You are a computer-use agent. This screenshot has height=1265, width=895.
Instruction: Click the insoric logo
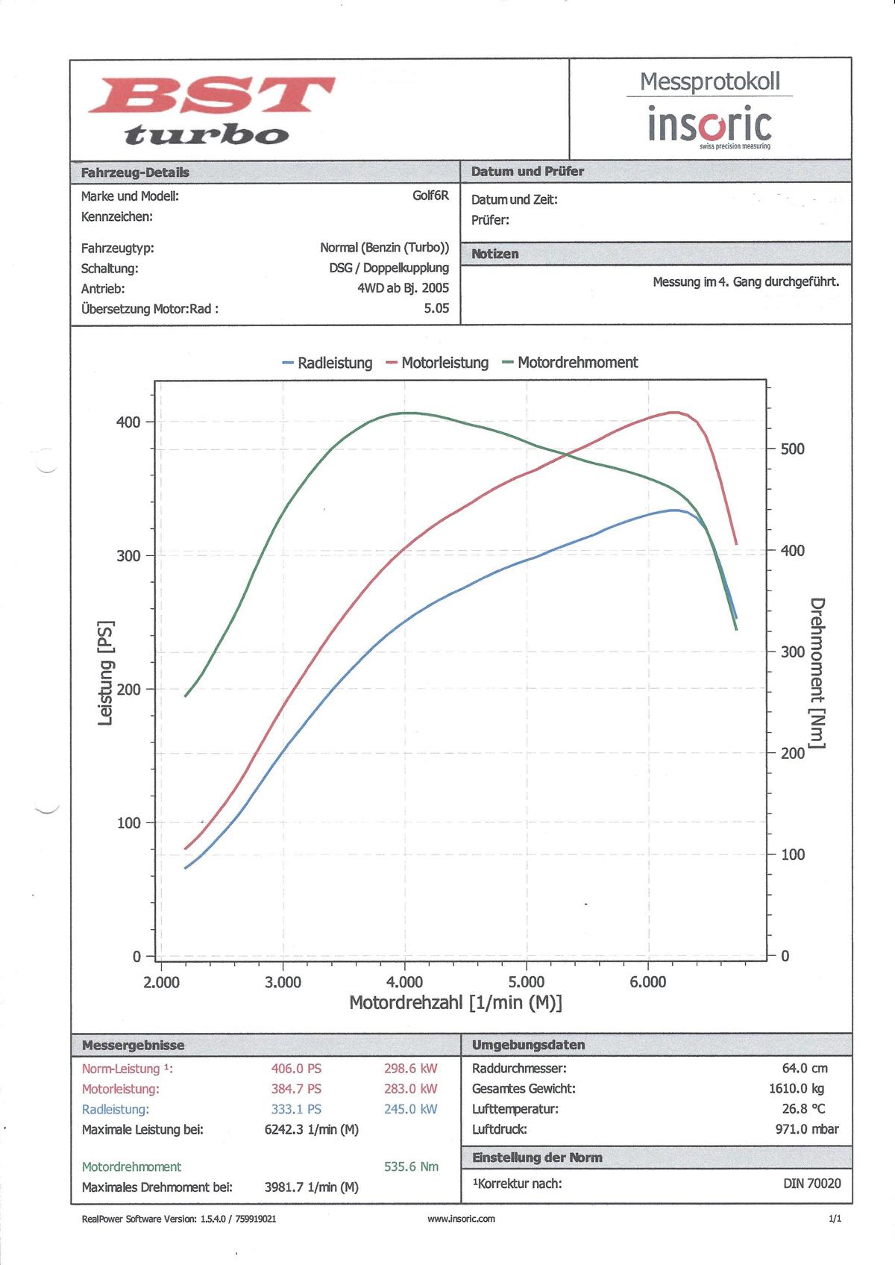pos(709,125)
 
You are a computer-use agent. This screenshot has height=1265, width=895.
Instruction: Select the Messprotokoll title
pos(709,81)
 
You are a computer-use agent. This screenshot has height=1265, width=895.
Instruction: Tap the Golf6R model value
pos(430,196)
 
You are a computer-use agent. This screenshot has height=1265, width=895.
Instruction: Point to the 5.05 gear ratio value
pos(436,308)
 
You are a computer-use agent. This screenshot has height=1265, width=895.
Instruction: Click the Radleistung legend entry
pos(327,363)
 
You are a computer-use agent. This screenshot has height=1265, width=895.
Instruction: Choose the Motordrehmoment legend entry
pos(571,363)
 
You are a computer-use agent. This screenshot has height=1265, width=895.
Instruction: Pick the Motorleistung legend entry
pos(438,363)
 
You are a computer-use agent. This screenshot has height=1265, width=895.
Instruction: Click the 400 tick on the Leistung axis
pos(128,422)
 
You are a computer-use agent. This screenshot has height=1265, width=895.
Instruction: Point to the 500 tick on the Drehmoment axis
pos(793,449)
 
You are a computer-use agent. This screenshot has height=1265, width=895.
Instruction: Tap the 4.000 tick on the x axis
pos(405,982)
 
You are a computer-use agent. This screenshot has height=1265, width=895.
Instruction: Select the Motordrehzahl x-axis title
pos(456,1002)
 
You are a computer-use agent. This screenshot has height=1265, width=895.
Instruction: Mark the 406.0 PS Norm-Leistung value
pos(296,1069)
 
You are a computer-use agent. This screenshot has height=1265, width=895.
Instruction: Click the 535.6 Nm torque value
pos(411,1166)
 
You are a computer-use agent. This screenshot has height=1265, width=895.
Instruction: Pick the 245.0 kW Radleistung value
pos(411,1109)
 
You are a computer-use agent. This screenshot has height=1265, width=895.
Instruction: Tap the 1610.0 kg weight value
pos(797,1089)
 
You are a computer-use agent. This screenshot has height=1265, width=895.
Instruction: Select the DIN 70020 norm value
pos(811,1184)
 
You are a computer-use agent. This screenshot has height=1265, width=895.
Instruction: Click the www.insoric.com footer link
pos(461,1219)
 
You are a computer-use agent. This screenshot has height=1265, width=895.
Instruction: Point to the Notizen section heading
pos(495,254)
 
